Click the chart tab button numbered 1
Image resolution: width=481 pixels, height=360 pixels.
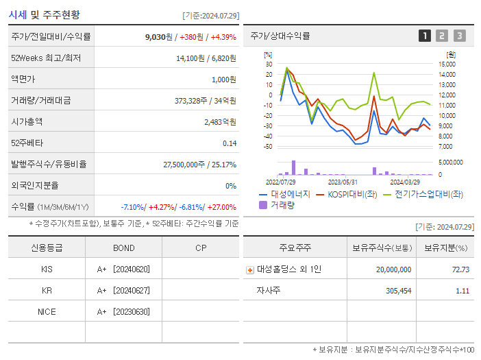[x=425, y=36]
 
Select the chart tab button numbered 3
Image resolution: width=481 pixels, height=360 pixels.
[x=459, y=36]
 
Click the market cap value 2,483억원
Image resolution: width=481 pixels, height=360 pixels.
[x=220, y=121]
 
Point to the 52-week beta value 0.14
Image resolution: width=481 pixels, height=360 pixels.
[x=230, y=143]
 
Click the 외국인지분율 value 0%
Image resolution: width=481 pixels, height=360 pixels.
[x=231, y=185]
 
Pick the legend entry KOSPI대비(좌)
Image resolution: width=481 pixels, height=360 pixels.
[x=348, y=194]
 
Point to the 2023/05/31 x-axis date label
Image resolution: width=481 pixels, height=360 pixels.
[x=343, y=182]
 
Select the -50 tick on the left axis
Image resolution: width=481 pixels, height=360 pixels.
[x=268, y=146]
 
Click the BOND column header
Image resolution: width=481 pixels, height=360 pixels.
[x=123, y=248]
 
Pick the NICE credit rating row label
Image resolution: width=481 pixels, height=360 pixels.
[x=47, y=311]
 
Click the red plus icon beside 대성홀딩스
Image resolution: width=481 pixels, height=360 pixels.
[x=250, y=270]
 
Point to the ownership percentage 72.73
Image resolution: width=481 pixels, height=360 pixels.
[x=460, y=269]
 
